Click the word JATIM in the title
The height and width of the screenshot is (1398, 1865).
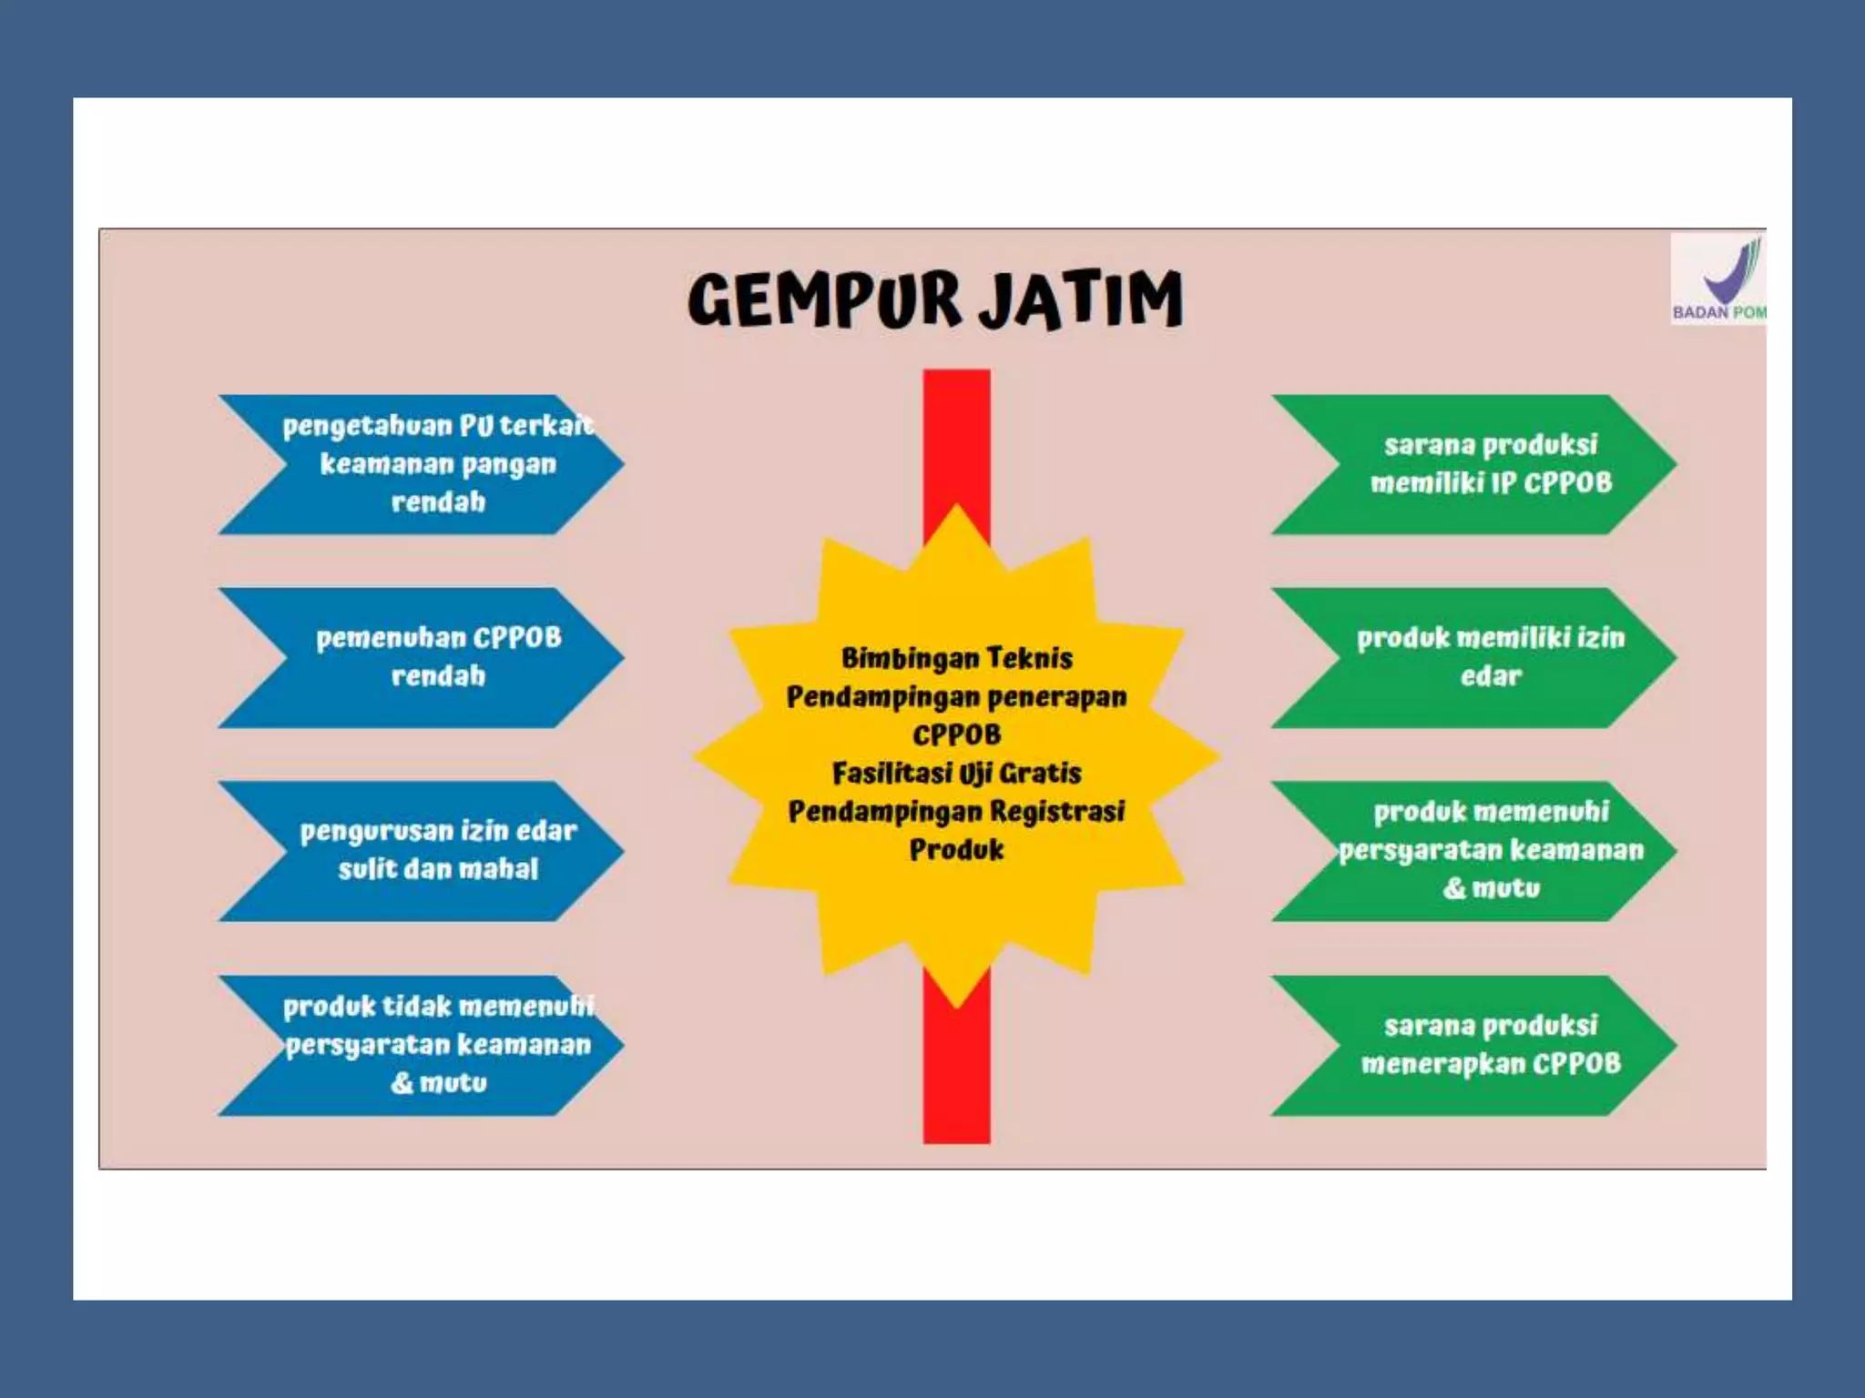[1081, 300]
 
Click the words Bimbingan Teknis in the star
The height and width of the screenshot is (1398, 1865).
[956, 658]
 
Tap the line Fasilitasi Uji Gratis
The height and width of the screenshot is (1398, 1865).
[956, 774]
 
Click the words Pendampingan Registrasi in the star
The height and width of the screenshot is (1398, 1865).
[956, 812]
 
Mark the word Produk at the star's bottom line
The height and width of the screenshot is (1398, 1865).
[956, 850]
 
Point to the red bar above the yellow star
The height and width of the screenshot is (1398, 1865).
[956, 437]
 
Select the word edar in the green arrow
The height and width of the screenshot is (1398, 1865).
[1491, 676]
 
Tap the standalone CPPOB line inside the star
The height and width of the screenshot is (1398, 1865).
[956, 734]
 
